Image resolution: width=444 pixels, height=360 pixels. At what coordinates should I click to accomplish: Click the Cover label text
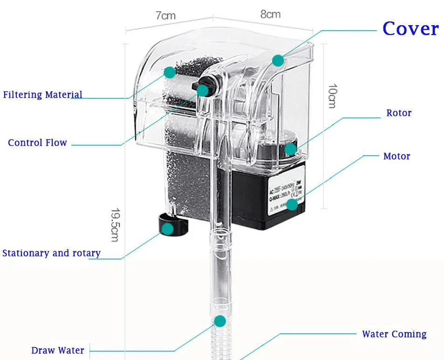click(410, 29)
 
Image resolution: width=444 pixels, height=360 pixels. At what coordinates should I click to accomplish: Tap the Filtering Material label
click(43, 95)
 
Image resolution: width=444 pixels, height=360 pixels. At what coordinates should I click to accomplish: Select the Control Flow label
click(37, 143)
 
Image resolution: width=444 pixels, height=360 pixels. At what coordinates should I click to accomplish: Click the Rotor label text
click(399, 113)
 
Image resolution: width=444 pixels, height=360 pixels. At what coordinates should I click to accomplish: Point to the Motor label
click(396, 156)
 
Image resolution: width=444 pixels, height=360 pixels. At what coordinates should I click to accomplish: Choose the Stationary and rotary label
click(51, 253)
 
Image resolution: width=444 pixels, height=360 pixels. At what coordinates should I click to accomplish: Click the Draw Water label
click(58, 350)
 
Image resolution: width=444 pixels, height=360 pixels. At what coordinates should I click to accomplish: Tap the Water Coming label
click(394, 334)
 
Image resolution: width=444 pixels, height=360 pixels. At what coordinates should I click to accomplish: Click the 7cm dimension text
click(165, 15)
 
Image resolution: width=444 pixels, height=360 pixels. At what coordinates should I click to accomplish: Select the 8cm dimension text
click(270, 14)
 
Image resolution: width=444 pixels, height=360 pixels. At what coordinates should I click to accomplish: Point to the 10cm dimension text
click(332, 96)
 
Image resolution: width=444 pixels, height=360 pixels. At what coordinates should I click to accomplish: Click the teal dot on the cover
click(278, 60)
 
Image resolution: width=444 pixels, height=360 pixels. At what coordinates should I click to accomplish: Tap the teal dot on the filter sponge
click(170, 72)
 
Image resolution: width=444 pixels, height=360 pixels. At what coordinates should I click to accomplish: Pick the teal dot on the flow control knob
click(202, 90)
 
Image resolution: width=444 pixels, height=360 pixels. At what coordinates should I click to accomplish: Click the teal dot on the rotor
click(290, 149)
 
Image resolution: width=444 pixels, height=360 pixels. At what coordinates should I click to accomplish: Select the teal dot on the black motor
click(292, 204)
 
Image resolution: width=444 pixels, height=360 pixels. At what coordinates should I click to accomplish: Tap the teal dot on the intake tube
click(220, 321)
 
